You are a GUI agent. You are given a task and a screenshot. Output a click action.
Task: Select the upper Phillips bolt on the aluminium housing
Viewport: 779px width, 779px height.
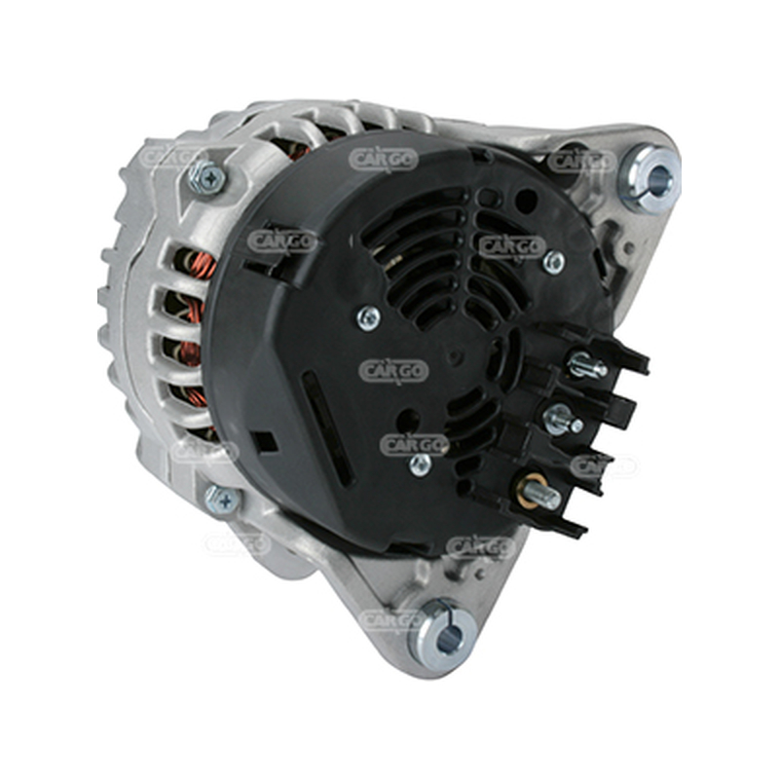coord(206,176)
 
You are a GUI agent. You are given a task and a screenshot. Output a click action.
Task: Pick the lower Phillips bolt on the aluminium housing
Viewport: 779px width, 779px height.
coord(223,501)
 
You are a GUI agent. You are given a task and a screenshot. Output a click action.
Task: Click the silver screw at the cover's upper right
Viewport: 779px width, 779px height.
coord(553,262)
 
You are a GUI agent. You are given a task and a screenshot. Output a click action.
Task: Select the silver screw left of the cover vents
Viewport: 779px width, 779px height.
coord(369,318)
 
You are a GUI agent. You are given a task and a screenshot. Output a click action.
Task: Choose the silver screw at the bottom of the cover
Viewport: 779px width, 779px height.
coord(421,465)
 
